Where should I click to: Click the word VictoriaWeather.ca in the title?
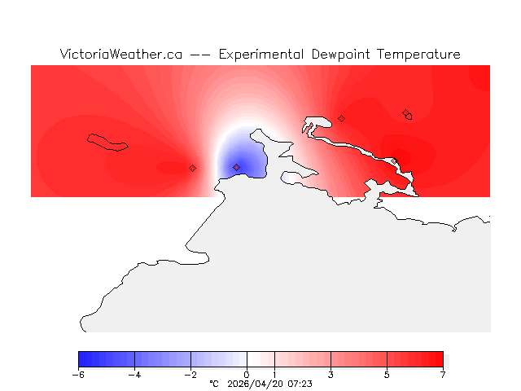[120, 55]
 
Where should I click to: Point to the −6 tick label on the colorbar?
[78, 375]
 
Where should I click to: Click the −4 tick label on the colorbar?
[134, 375]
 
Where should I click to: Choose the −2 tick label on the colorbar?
[190, 375]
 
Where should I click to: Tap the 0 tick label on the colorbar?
[247, 375]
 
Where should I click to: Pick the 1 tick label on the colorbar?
[274, 375]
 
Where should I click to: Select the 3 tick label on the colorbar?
[331, 375]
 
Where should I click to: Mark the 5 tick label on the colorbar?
[387, 375]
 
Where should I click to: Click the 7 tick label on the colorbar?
[443, 375]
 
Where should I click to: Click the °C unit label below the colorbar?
[214, 384]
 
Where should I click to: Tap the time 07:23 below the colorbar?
[300, 384]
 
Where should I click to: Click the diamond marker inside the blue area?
[237, 167]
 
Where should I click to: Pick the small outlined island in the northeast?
[408, 115]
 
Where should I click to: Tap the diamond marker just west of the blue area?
[193, 168]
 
